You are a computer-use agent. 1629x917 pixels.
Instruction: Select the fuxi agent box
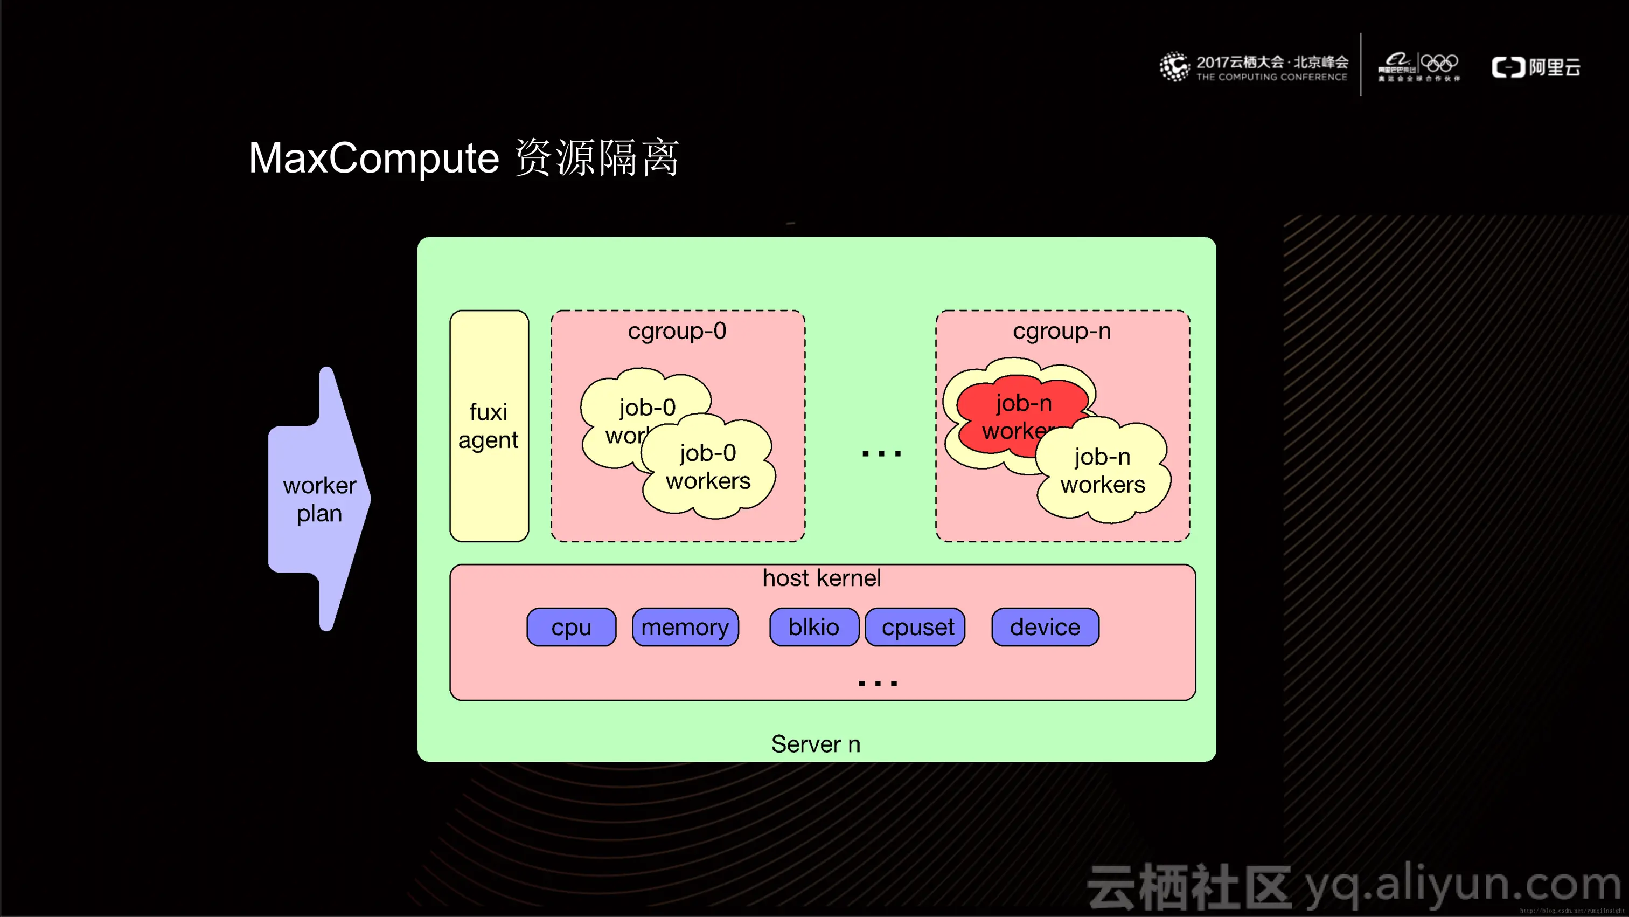coord(489,425)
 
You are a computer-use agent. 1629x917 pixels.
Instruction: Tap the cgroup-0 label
coord(677,331)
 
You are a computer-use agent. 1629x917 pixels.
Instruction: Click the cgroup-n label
coord(1062,331)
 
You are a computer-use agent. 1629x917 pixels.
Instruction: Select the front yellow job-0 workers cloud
coord(708,467)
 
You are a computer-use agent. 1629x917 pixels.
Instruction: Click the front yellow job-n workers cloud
coord(1102,471)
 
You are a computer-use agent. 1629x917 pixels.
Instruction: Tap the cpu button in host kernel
coord(571,627)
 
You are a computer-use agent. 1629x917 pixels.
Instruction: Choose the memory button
coord(685,627)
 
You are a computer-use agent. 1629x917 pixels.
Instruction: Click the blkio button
coord(813,627)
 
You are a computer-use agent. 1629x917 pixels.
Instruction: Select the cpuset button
coord(917,627)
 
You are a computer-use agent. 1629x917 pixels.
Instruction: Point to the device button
coord(1045,627)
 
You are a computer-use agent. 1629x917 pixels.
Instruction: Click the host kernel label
coord(822,578)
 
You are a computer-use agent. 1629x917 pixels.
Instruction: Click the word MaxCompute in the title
coord(374,158)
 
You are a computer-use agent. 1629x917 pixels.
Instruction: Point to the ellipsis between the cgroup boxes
coord(881,453)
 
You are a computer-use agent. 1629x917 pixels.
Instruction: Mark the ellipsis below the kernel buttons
coord(878,683)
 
